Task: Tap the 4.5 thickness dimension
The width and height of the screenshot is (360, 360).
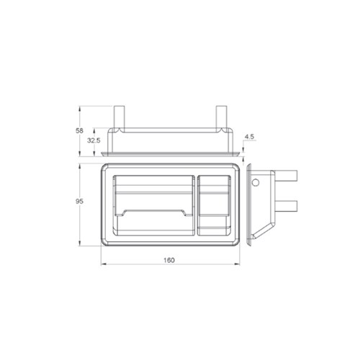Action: point(249,136)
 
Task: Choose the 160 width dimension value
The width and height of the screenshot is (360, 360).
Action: point(170,260)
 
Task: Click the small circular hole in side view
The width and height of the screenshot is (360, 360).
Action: point(255,183)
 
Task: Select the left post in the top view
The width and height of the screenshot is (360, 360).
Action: point(120,118)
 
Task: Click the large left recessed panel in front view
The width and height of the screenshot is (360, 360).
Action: point(153,204)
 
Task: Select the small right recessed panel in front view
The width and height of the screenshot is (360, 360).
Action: point(214,204)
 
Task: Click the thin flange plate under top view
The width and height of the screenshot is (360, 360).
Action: point(170,154)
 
